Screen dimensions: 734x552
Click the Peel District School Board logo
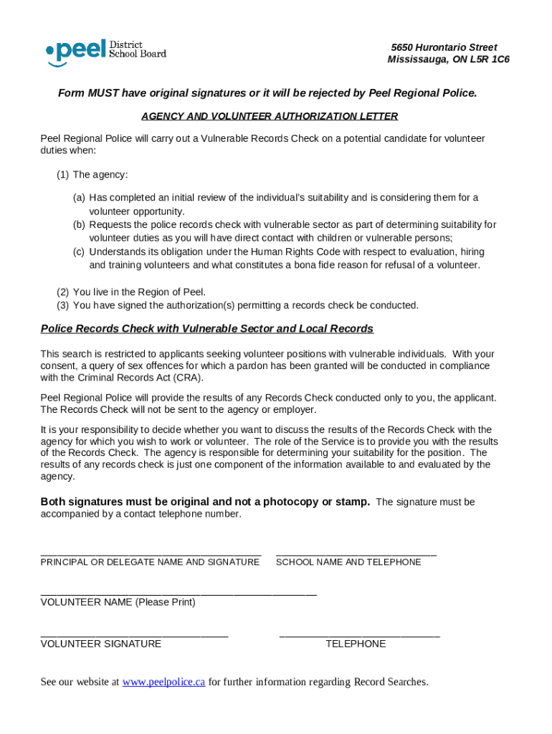tap(105, 52)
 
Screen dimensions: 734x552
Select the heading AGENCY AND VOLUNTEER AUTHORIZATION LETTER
tap(270, 116)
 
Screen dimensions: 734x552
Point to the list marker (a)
tap(78, 198)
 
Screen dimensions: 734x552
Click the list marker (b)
tap(78, 225)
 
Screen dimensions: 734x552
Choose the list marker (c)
tap(78, 252)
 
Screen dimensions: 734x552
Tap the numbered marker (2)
tap(63, 292)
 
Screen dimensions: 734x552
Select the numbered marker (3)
tap(63, 305)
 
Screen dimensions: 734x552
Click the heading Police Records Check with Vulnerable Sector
tap(206, 329)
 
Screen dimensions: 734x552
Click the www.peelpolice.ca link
tap(163, 682)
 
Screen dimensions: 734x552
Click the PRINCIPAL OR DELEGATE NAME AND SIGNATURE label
tap(150, 563)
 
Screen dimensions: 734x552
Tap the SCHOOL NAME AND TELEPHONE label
tap(348, 563)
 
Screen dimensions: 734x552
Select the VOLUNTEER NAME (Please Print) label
tap(118, 603)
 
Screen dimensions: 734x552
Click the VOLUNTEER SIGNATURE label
tap(100, 644)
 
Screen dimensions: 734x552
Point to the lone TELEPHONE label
tap(356, 644)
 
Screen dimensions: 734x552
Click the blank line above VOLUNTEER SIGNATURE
tap(134, 634)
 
